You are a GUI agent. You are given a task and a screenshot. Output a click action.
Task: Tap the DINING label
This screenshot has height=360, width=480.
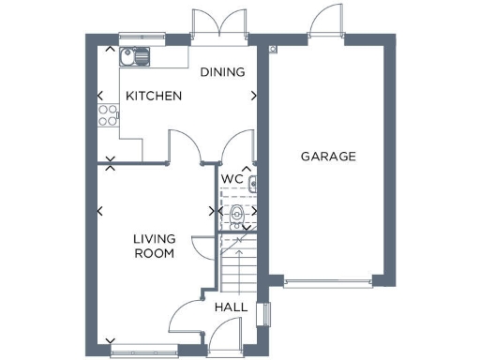[222, 72]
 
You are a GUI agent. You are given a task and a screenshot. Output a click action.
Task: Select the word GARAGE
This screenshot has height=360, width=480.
[328, 157]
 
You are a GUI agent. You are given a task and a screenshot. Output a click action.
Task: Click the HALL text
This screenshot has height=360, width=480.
[232, 307]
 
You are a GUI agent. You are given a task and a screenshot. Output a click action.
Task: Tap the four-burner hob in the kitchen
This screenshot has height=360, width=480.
[108, 116]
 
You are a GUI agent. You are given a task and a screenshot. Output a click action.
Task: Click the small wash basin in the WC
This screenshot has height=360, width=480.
[252, 183]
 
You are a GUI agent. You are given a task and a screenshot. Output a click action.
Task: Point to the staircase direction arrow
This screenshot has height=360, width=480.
[240, 246]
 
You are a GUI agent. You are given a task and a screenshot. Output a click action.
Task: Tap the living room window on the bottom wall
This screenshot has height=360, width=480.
[139, 352]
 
